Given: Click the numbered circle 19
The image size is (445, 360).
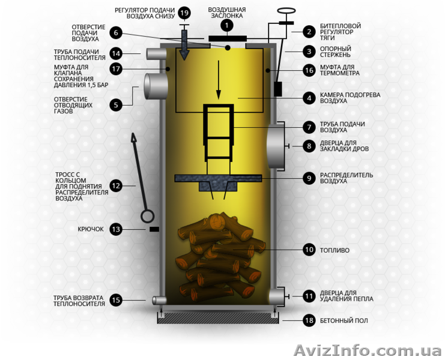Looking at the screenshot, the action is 184,13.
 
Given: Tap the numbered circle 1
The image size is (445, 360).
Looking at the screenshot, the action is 227,26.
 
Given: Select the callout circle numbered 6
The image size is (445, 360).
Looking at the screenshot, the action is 116,32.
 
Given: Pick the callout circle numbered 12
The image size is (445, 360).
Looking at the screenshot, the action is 116,186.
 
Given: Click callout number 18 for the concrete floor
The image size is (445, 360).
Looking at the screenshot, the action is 309,320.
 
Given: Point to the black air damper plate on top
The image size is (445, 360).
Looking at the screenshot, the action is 228,38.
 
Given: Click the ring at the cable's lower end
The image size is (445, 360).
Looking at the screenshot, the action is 148,216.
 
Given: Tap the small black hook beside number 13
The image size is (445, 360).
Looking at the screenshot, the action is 154,229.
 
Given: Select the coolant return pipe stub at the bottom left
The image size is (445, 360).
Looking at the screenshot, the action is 160,300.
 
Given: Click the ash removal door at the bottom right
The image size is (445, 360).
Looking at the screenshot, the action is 276,296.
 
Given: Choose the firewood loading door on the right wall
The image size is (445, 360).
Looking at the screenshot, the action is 275,146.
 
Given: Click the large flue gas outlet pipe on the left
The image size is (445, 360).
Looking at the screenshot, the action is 156,86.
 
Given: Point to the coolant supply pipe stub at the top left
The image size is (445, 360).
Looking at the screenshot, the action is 156,53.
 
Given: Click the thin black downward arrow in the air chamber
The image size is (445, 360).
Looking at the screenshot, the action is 219,80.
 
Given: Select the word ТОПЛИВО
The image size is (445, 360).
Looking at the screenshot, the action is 335,250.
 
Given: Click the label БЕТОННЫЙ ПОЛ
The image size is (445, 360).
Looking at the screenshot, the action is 344,320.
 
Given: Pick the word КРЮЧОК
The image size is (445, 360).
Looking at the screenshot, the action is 91,229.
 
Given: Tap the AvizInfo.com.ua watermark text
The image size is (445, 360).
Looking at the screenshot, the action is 368,350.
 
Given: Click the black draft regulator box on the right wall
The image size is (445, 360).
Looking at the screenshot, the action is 278,89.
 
